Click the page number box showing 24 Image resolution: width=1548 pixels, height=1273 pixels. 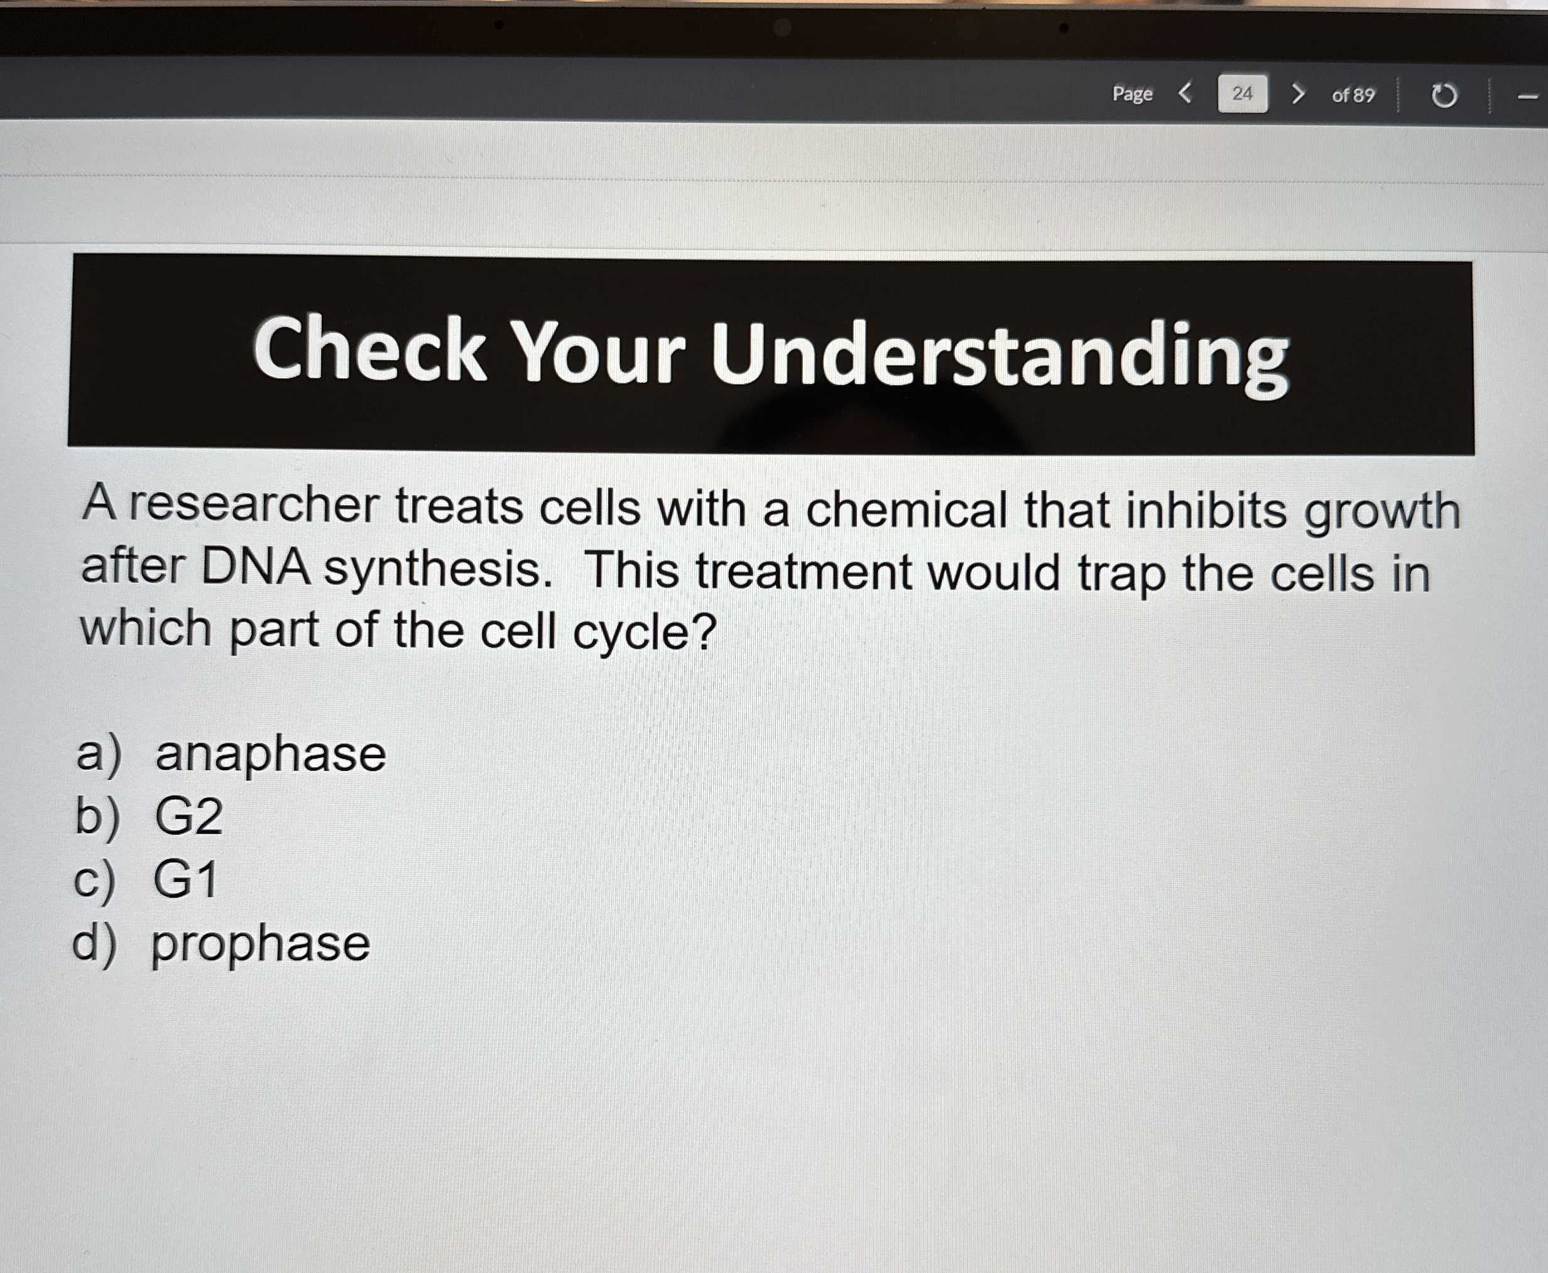coord(1242,93)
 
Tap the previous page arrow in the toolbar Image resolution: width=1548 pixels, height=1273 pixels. coord(1185,93)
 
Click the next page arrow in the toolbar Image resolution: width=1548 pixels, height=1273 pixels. coord(1298,93)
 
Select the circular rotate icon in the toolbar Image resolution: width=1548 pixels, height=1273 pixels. coord(1444,96)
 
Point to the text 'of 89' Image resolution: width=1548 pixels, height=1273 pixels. coord(1353,96)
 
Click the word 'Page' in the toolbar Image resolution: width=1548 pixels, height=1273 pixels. coord(1132,94)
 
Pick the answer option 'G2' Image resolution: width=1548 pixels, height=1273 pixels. coord(188,816)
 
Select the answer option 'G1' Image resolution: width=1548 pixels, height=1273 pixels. coord(185,879)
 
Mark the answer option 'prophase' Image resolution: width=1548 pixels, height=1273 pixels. coord(260,944)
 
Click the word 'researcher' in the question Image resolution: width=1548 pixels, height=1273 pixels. coord(254,505)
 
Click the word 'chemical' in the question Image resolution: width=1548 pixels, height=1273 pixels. coord(907,509)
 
